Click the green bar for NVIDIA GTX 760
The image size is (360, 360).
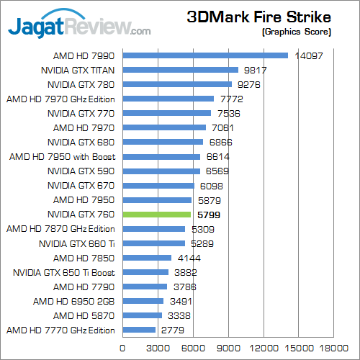point(157,215)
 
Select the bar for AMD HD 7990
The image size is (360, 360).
point(205,55)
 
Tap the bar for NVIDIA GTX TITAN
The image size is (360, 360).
point(181,70)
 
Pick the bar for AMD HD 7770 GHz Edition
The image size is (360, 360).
point(140,330)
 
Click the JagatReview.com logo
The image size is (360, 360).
point(79,27)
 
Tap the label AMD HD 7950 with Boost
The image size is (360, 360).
point(63,156)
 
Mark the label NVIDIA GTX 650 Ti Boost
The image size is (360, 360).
point(64,272)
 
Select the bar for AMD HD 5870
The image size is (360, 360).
point(143,315)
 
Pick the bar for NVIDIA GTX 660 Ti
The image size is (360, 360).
point(155,243)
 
